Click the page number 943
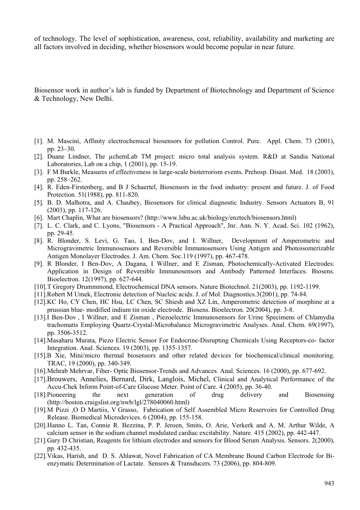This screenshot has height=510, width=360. (329, 483)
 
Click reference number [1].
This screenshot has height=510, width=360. (39, 141)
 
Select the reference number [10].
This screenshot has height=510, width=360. (40, 287)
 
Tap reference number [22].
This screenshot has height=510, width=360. (40, 456)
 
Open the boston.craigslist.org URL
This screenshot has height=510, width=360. (118, 402)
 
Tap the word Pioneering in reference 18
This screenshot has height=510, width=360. (62, 394)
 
